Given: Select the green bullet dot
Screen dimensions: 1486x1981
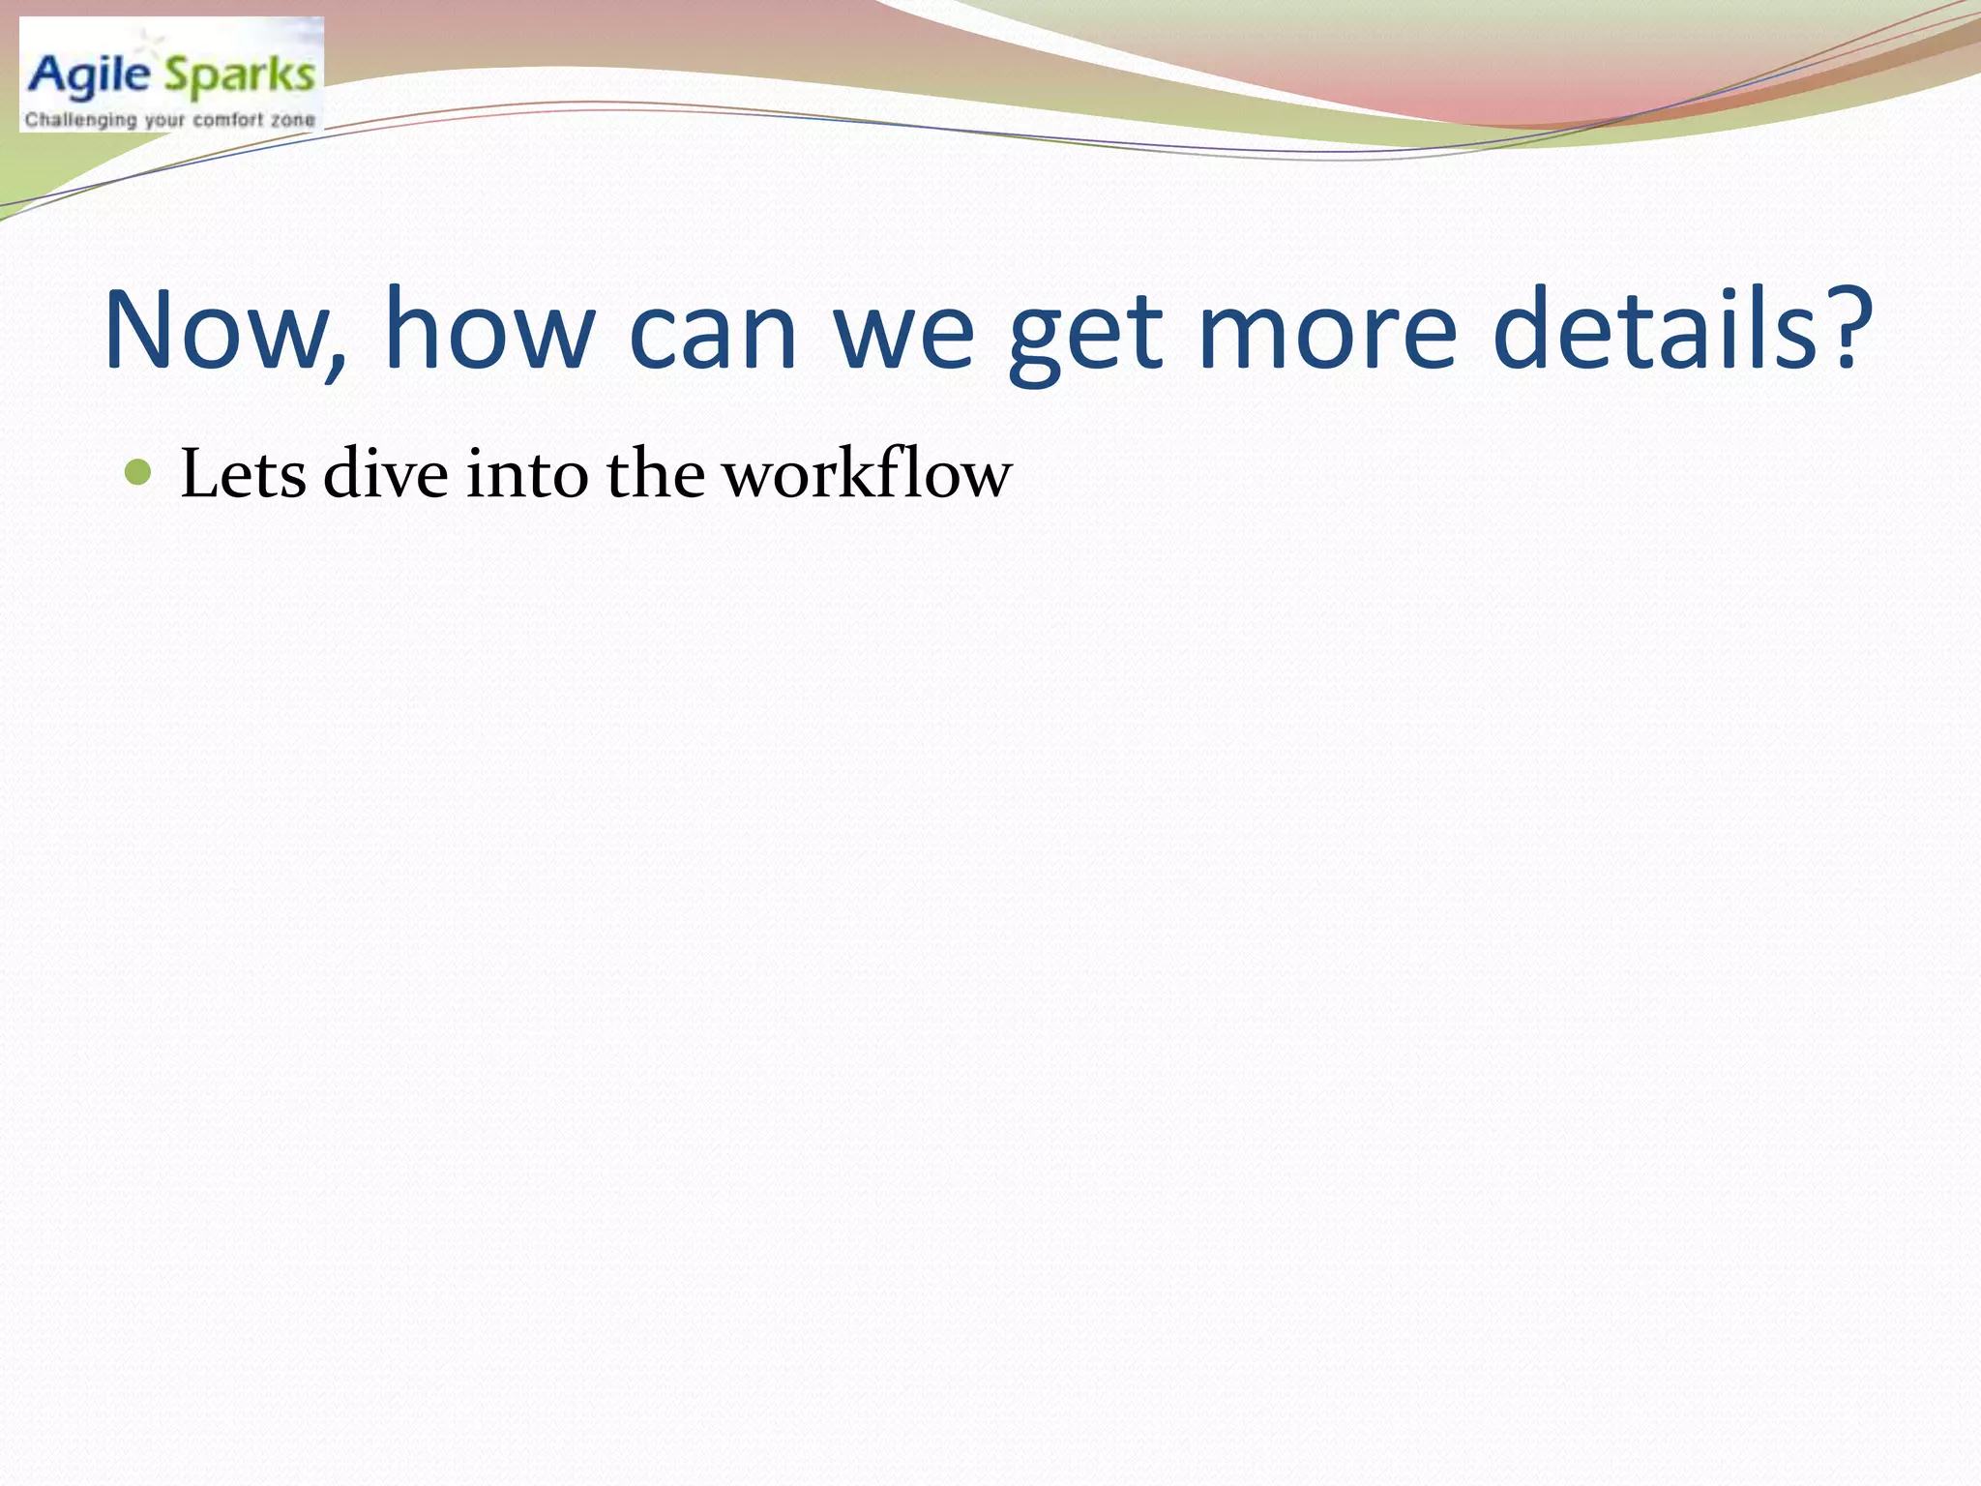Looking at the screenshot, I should point(139,473).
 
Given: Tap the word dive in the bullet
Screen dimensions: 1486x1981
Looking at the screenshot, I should point(386,475).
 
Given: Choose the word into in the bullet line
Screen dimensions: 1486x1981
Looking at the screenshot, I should point(527,475).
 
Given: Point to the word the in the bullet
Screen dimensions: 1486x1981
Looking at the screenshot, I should point(656,475).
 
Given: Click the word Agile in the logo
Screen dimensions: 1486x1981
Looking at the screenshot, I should point(90,76).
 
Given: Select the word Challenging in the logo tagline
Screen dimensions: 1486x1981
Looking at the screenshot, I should point(80,121).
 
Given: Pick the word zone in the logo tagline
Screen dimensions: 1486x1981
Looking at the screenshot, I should point(293,121).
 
